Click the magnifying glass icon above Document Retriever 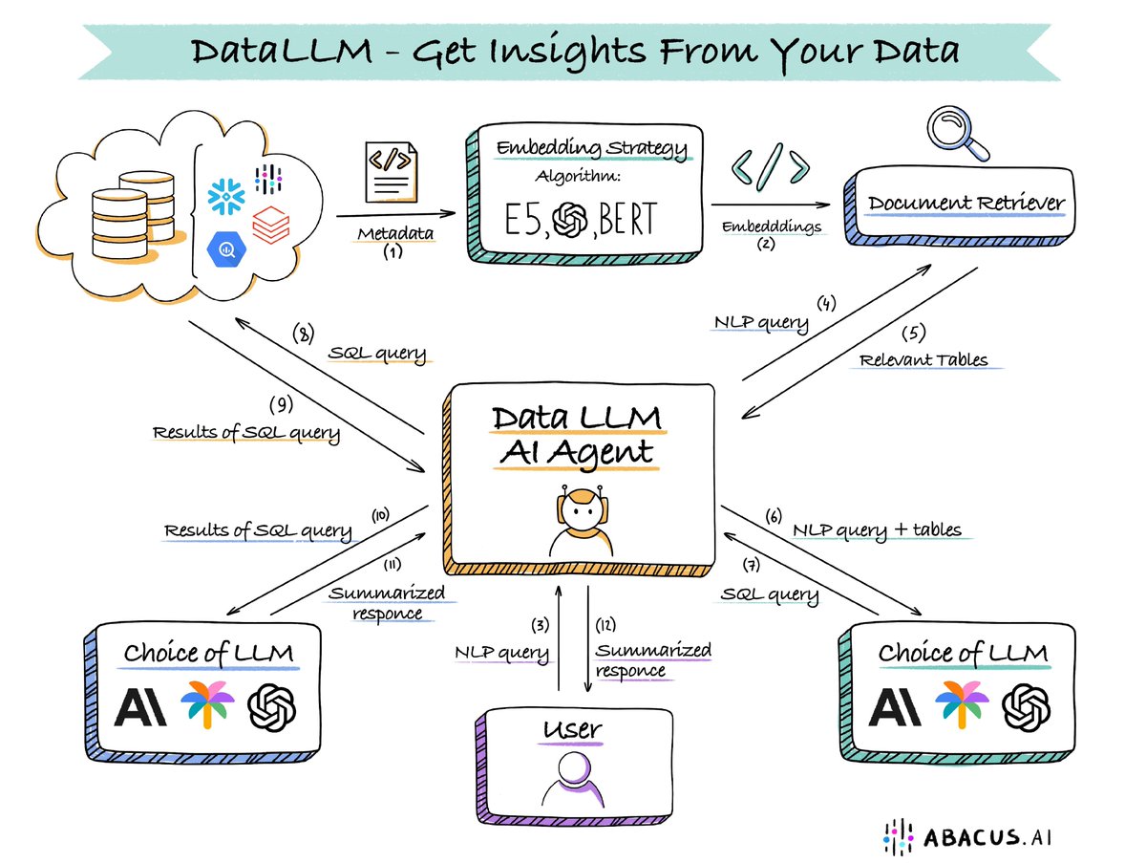(x=959, y=133)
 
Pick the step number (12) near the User (x=606, y=626)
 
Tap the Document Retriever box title (x=966, y=204)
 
